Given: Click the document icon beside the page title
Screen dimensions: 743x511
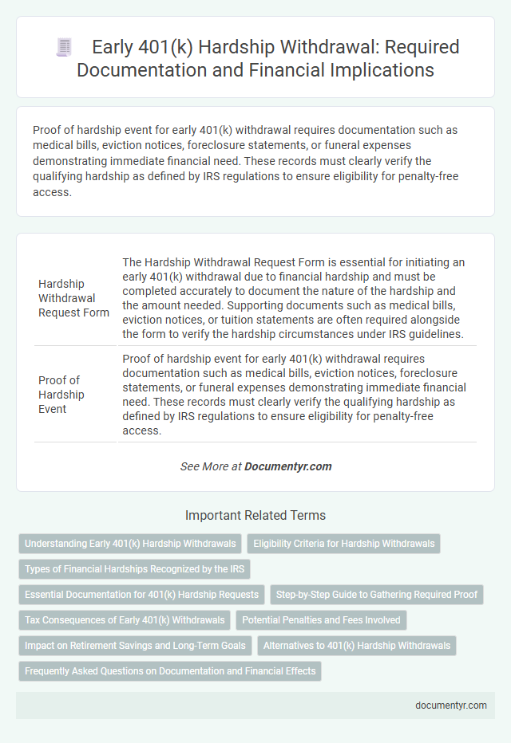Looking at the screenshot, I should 64,47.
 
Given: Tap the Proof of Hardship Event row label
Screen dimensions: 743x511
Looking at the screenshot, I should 61,395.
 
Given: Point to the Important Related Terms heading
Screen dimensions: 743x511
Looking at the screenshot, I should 255,515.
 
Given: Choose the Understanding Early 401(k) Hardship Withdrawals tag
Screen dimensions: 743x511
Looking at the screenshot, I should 130,544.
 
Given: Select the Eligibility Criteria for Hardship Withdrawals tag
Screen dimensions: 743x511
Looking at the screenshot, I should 343,544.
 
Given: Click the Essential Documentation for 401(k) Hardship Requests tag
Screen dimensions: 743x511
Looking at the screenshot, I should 141,594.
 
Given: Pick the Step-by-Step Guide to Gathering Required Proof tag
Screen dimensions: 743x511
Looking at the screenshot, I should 378,594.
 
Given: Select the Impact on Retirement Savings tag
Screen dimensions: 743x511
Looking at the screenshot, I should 134,645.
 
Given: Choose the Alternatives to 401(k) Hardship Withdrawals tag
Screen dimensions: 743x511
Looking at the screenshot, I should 357,645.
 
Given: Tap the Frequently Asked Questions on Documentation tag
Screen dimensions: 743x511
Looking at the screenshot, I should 169,670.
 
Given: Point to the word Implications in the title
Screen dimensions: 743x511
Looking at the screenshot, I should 374,70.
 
